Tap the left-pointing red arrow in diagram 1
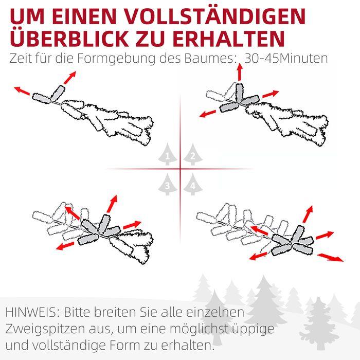[21, 91]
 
